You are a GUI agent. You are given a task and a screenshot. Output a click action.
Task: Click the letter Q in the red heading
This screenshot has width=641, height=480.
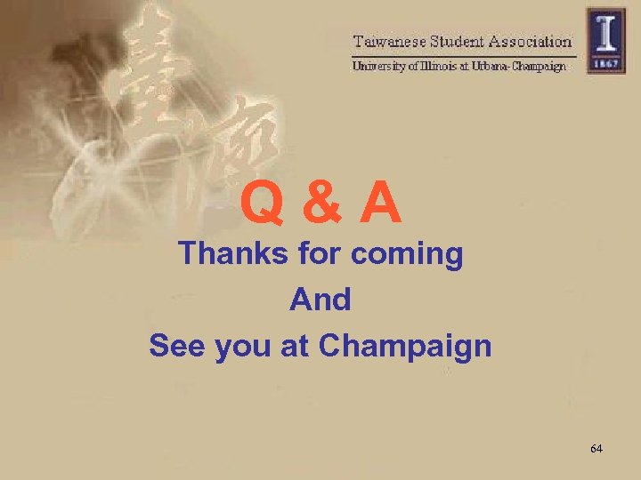[x=261, y=204]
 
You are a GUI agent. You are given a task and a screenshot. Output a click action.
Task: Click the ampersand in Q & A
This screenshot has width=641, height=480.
[x=319, y=204]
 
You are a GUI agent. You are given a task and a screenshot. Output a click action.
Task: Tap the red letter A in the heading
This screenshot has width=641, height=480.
[x=380, y=203]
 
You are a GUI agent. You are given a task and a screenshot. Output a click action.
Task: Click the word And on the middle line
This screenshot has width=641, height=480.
[x=320, y=300]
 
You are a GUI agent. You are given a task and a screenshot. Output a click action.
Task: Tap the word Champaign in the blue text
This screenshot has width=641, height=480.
[x=404, y=346]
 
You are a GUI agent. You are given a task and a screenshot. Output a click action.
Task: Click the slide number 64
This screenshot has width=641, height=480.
[x=596, y=449]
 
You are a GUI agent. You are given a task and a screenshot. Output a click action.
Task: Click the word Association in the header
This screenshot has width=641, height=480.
[x=531, y=41]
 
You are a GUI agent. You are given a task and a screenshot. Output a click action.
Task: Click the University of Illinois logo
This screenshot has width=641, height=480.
[x=605, y=39]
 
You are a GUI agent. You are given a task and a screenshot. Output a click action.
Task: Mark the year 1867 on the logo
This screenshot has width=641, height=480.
[x=605, y=64]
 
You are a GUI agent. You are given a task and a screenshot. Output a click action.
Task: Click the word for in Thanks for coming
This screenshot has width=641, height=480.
[x=319, y=254]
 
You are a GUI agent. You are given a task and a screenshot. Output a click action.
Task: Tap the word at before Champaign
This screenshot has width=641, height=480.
[x=296, y=345]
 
